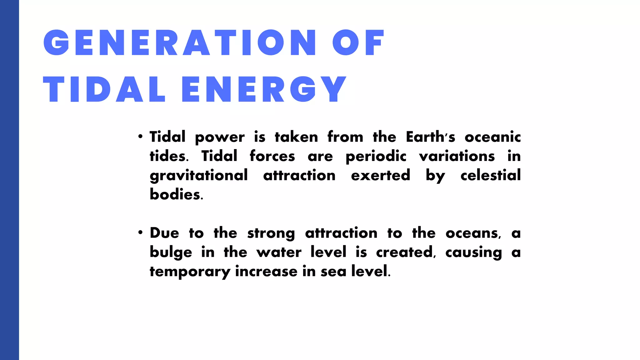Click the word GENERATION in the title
[180, 43]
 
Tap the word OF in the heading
[358, 43]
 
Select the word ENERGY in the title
[264, 89]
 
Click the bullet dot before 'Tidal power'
[141, 137]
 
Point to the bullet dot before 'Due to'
[141, 232]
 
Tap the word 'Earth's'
[430, 137]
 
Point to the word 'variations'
[457, 156]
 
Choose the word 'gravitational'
[199, 176]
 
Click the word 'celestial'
[491, 175]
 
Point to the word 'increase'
[266, 271]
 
